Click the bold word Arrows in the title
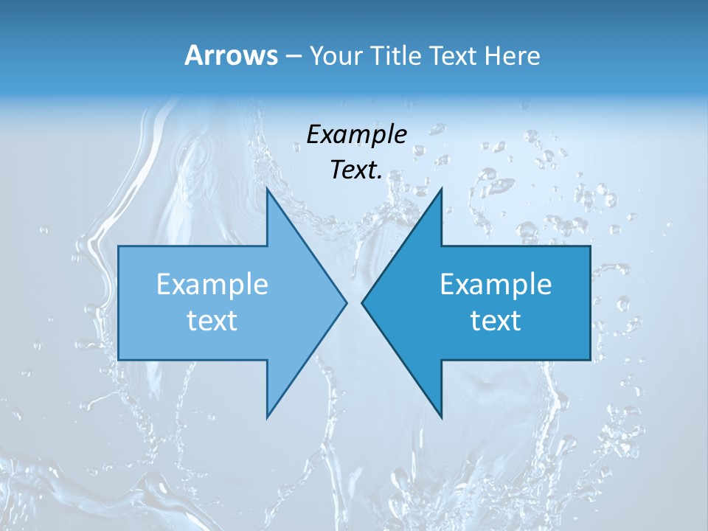pyautogui.click(x=231, y=55)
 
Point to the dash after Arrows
pyautogui.click(x=292, y=57)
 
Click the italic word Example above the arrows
pyautogui.click(x=357, y=134)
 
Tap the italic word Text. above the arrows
pyautogui.click(x=356, y=170)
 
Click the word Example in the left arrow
pyautogui.click(x=212, y=284)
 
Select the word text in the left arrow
pyautogui.click(x=212, y=320)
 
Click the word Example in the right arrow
pyautogui.click(x=496, y=284)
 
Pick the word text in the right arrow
pyautogui.click(x=496, y=320)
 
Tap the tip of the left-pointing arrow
pyautogui.click(x=364, y=302)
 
